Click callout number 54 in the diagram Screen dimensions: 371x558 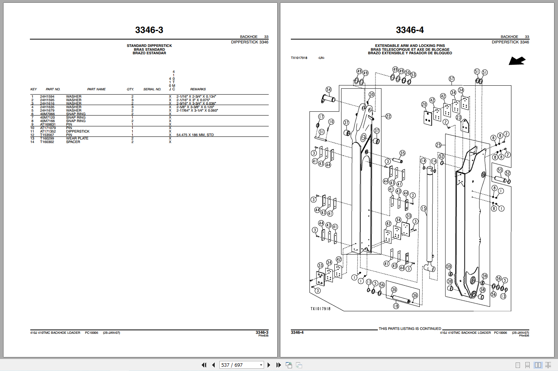329,90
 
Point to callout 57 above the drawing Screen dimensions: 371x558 452,79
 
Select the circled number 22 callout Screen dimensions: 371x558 388,116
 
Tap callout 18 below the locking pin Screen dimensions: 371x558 396,306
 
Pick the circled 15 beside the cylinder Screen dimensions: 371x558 424,208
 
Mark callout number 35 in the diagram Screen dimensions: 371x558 402,153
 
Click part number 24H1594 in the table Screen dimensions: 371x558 47,97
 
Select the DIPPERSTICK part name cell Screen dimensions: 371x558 78,131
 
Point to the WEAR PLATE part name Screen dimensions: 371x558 77,138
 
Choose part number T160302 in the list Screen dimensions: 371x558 47,142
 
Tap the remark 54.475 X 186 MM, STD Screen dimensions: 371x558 195,135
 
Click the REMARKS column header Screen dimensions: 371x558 198,89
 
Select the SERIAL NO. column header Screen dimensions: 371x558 152,89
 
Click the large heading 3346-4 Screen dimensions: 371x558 410,30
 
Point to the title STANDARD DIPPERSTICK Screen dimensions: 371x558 149,46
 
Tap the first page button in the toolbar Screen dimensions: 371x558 204,365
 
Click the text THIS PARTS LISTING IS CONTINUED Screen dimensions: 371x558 410,329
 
